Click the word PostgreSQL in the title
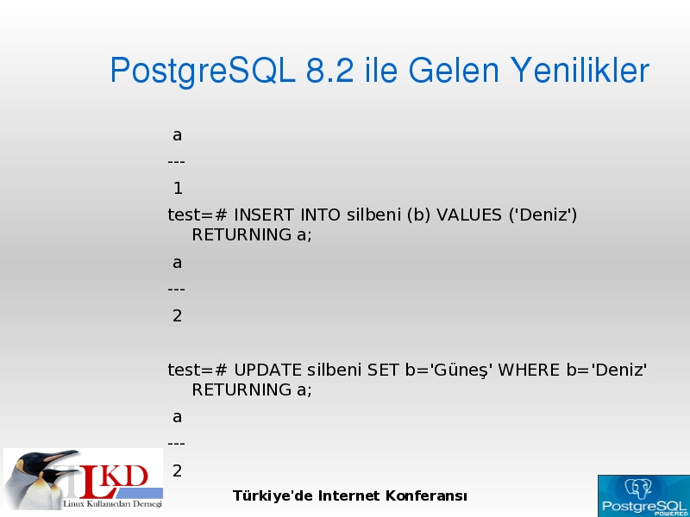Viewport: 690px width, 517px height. coord(203,71)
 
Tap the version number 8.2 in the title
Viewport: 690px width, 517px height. coord(329,70)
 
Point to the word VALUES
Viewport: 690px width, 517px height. coord(468,215)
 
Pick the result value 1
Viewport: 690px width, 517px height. coord(178,189)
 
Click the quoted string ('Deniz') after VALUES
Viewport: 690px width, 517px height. coord(543,215)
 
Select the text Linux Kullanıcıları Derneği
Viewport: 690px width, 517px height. coord(113,504)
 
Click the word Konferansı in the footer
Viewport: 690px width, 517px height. coord(426,496)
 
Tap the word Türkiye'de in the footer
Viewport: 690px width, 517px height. coord(273,496)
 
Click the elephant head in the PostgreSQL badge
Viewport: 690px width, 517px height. coord(637,488)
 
